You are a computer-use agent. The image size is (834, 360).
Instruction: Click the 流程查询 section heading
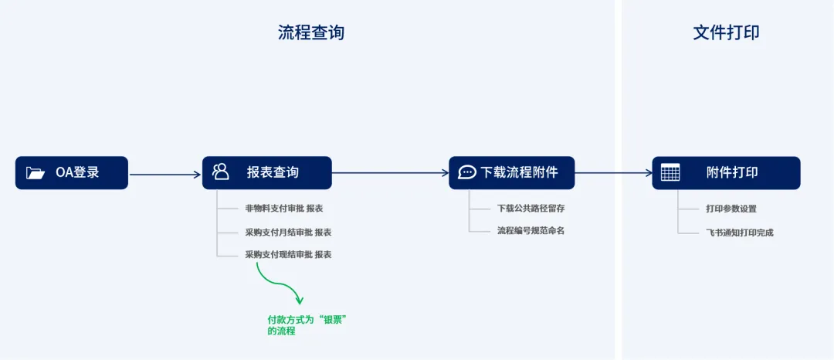click(311, 32)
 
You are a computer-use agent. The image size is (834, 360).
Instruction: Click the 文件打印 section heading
click(726, 32)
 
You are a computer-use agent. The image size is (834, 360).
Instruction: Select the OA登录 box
click(72, 173)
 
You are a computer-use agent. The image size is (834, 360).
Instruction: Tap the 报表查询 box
click(267, 173)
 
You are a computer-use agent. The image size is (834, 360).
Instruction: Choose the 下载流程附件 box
click(512, 173)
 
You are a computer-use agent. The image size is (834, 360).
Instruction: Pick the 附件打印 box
click(726, 173)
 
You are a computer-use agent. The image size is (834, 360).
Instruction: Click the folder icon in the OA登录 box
click(36, 173)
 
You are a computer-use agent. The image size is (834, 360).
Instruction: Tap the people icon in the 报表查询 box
click(221, 172)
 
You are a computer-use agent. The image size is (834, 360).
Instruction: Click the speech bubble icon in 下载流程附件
click(467, 172)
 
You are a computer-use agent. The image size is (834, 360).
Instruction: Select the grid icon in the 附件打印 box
click(670, 173)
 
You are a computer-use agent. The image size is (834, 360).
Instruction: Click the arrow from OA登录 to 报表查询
click(165, 174)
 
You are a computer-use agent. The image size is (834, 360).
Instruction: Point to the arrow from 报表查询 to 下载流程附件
click(391, 172)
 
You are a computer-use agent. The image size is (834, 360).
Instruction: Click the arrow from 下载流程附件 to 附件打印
click(614, 172)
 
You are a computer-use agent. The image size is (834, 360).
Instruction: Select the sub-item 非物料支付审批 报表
click(284, 209)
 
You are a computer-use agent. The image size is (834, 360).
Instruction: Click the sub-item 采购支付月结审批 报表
click(288, 233)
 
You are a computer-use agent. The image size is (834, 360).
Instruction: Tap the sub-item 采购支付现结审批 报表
click(288, 255)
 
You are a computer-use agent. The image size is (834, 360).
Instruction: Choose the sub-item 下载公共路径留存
click(531, 209)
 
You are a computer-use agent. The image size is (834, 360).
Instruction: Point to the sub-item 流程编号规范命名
click(531, 231)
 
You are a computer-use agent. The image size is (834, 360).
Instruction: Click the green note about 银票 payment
click(310, 325)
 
